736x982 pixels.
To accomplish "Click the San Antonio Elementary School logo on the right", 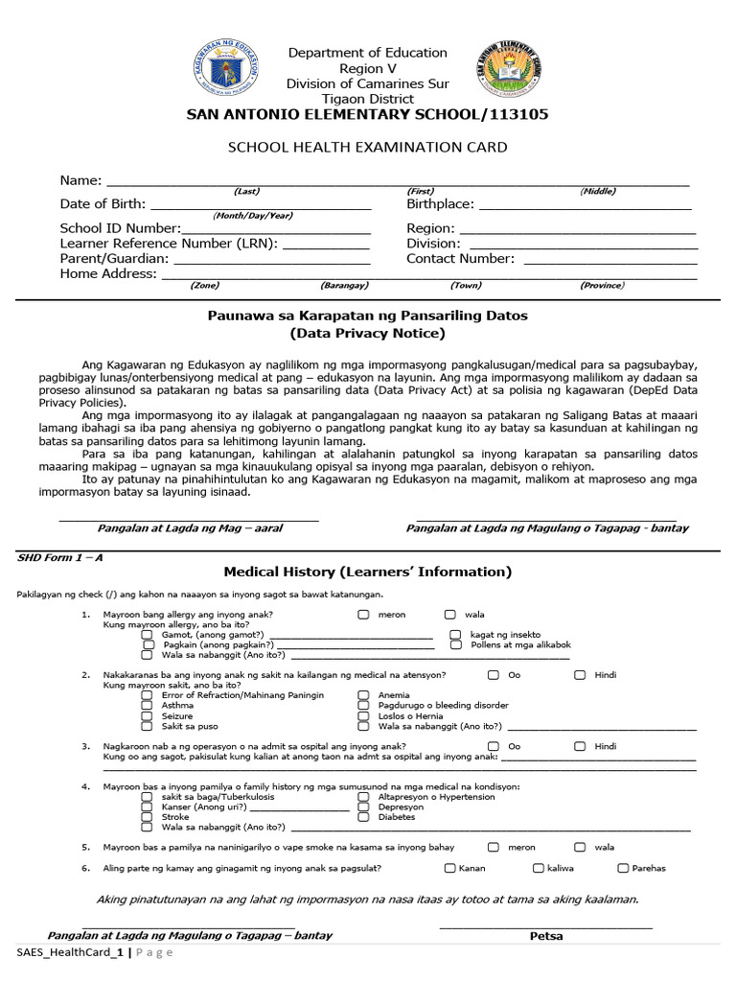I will (515, 75).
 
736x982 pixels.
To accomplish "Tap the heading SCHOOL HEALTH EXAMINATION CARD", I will (367, 148).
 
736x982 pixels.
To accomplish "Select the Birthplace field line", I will (585, 205).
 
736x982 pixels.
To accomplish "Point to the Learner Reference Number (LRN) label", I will (169, 244).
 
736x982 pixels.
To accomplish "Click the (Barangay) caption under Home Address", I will (344, 286).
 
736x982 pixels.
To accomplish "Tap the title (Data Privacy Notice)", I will (367, 334).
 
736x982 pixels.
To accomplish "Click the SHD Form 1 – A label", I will (59, 557).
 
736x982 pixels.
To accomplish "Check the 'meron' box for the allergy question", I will (364, 615).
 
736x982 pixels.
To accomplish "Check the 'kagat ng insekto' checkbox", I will (455, 635).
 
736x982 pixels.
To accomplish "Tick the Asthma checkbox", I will (147, 705).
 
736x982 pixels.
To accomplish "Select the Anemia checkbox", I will (363, 695).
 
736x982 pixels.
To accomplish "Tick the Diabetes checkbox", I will (363, 817).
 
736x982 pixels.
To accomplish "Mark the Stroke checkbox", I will (147, 817).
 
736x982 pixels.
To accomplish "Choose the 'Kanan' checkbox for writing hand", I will (449, 868).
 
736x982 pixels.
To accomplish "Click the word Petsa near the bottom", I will (546, 936).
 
